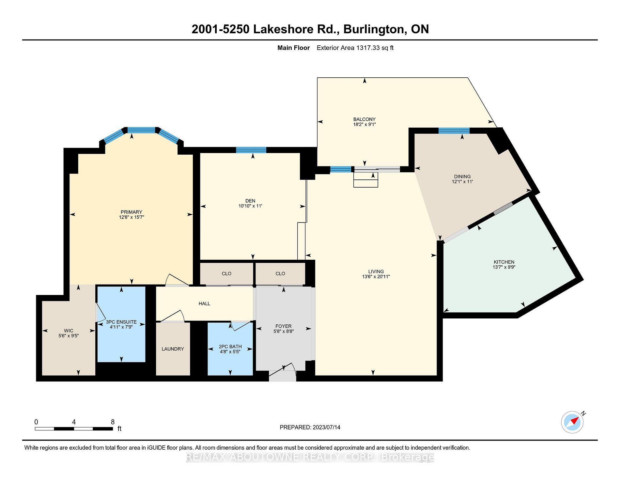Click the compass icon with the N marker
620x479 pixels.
[x=572, y=422]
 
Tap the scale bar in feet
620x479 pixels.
[x=74, y=429]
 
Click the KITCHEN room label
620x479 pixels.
[x=504, y=262]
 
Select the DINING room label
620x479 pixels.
[x=462, y=177]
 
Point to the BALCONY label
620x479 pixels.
[x=364, y=119]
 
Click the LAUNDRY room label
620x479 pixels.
[x=173, y=349]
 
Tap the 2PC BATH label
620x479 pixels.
[x=230, y=347]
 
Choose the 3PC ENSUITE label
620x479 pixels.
[x=121, y=322]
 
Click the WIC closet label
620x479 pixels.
[x=69, y=331]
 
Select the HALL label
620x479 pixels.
[x=205, y=304]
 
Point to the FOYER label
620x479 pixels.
[x=284, y=326]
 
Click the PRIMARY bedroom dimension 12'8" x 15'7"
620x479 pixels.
[x=132, y=217]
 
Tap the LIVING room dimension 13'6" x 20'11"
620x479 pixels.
[x=376, y=277]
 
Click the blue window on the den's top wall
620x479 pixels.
[x=251, y=150]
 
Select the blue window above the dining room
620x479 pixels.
[x=454, y=131]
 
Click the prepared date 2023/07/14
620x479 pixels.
[x=326, y=427]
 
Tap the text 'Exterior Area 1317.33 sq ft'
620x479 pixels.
[x=355, y=48]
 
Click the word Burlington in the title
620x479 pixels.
[x=375, y=29]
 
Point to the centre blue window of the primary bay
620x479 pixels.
[x=141, y=130]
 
